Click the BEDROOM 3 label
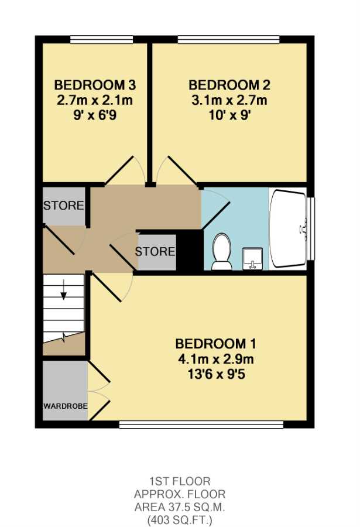click(95, 85)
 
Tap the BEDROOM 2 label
click(229, 85)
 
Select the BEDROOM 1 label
click(216, 344)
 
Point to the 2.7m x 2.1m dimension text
click(95, 101)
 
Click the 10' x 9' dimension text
click(229, 116)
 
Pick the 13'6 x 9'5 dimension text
click(216, 374)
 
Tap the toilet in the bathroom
click(221, 252)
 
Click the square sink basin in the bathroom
click(253, 259)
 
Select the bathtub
click(288, 229)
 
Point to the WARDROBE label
click(65, 406)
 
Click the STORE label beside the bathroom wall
click(155, 251)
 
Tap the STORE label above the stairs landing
click(64, 206)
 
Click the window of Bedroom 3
click(101, 40)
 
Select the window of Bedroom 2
click(228, 40)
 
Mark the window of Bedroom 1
click(202, 424)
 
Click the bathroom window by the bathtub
click(311, 228)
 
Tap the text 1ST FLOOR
click(180, 481)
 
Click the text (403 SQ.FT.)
click(180, 521)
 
